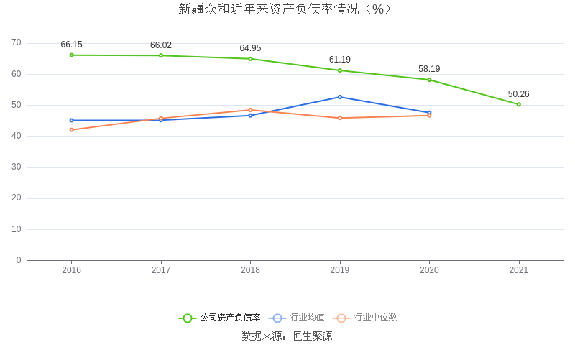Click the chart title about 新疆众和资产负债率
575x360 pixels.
[287, 9]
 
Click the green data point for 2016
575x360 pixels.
[71, 55]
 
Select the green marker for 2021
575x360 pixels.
[518, 104]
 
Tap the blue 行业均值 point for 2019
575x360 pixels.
[340, 97]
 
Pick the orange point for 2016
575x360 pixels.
[71, 129]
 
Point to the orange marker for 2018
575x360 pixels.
[250, 110]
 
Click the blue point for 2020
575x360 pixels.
[429, 112]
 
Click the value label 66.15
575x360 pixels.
[71, 45]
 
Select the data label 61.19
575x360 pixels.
[340, 60]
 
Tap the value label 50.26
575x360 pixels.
[518, 94]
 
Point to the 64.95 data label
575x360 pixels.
[250, 48]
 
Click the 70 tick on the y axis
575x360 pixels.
[17, 43]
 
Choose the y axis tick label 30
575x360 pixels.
[17, 167]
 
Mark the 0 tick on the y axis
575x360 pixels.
[19, 260]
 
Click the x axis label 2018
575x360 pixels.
[250, 270]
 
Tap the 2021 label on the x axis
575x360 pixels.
[518, 270]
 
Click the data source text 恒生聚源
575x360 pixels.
[312, 336]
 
